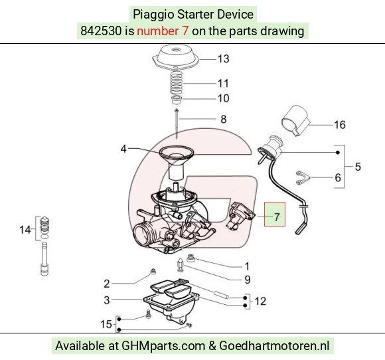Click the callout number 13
coord(224,59)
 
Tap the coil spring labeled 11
coord(177,83)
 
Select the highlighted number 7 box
coord(275,215)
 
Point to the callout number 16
coord(340,125)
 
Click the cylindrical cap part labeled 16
coord(295,120)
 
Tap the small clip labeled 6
coord(302,178)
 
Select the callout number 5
coord(358,167)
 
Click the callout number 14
coord(25,230)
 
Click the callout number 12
coord(260,302)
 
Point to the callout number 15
coord(106,324)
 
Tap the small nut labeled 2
coord(153,271)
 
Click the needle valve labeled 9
coord(181,266)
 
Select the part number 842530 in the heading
coord(101,31)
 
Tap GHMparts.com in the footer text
coord(163,346)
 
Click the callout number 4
coord(123,149)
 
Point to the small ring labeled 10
coord(177,100)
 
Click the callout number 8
coord(224,120)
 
